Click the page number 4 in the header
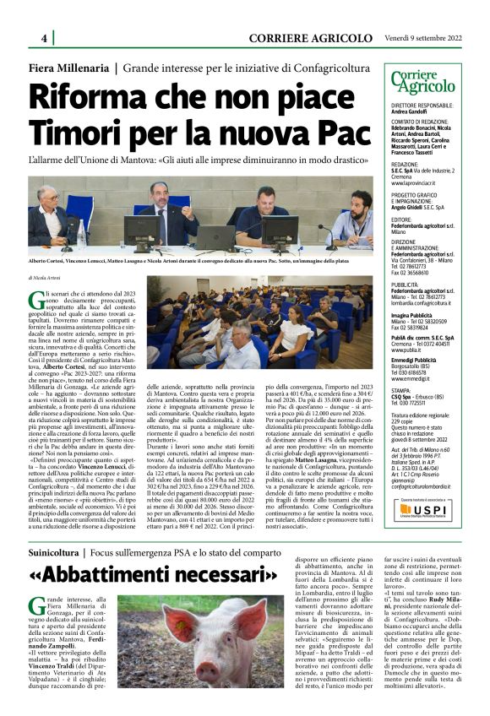click(x=43, y=38)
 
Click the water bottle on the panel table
click(x=81, y=235)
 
